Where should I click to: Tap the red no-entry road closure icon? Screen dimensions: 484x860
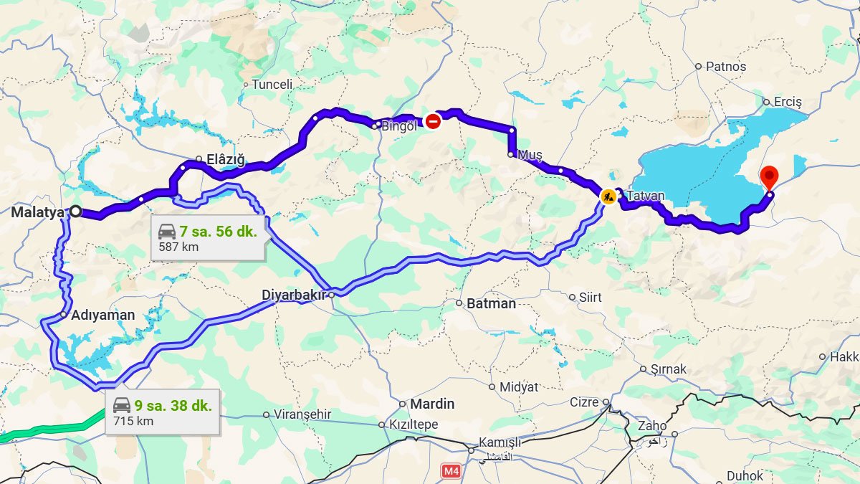point(432,121)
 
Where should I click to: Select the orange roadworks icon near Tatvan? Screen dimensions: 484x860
point(608,196)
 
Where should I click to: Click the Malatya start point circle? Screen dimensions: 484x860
point(75,212)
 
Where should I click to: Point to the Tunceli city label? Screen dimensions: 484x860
point(272,85)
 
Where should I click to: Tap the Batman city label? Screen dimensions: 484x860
point(491,303)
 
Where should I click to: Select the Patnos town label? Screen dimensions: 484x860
point(725,67)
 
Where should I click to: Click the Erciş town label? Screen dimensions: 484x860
point(787,102)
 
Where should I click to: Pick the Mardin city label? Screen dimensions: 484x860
point(431,404)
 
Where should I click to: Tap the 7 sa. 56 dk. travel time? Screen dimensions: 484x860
point(218,232)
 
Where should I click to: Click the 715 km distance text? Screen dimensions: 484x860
point(133,421)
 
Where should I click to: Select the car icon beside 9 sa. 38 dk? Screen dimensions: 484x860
point(122,405)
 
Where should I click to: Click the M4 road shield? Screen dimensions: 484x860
point(450,471)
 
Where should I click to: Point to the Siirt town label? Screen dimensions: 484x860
point(591,297)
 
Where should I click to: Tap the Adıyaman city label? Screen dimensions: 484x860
point(103,315)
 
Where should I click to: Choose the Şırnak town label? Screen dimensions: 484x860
point(668,369)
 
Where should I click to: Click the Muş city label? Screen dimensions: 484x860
point(530,155)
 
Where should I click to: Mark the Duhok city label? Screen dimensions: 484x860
point(745,475)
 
